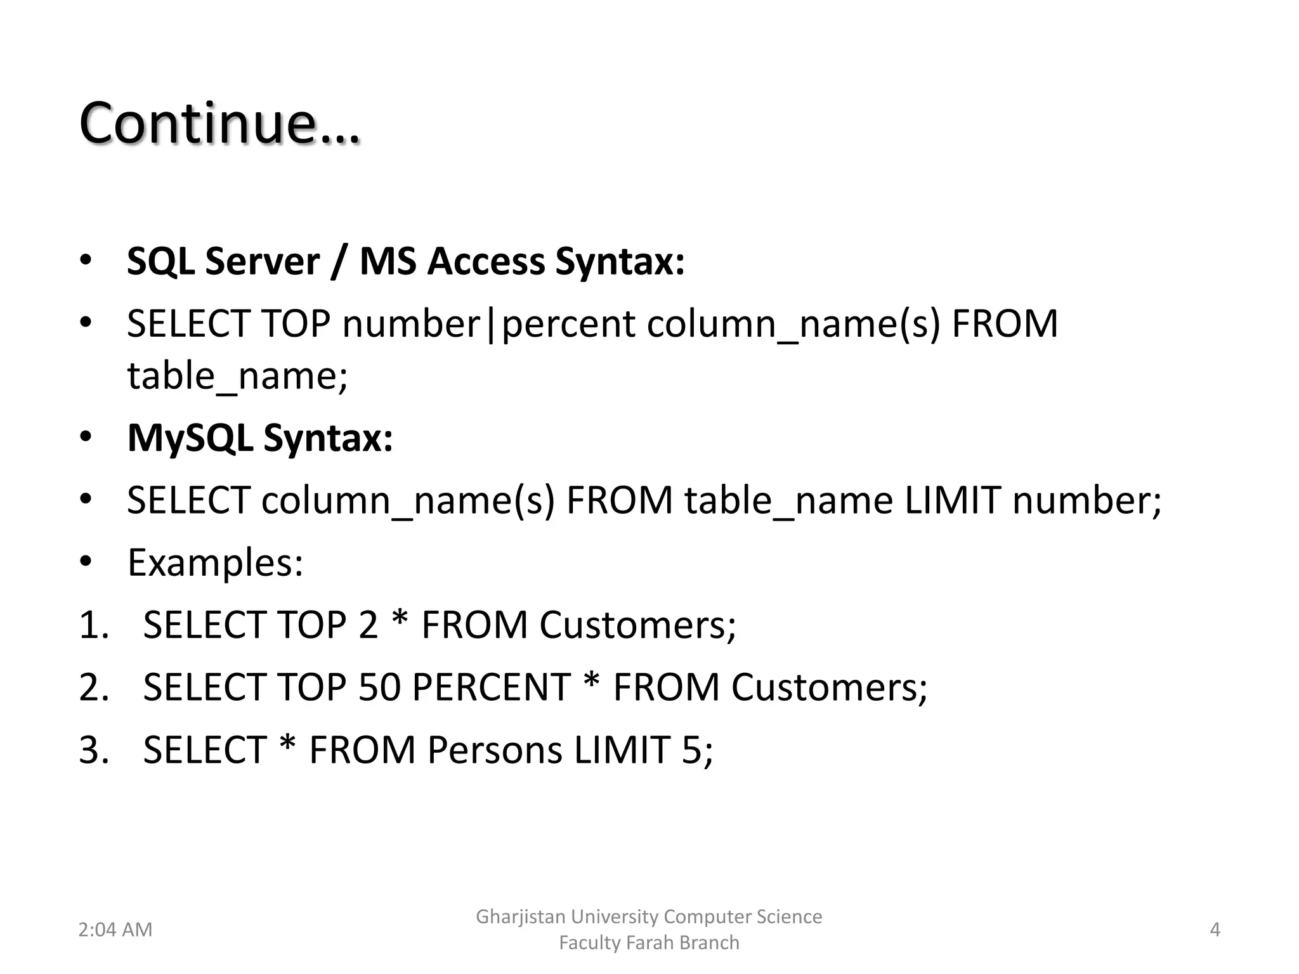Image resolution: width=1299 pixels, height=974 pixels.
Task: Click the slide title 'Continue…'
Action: pyautogui.click(x=219, y=123)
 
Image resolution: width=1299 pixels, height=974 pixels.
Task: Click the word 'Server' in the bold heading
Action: pyautogui.click(x=262, y=261)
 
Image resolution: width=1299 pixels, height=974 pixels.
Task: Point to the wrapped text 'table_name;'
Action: pyautogui.click(x=237, y=376)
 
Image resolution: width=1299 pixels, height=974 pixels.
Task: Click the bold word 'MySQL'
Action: pyautogui.click(x=190, y=438)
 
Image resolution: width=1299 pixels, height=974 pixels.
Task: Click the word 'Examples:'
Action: pyautogui.click(x=216, y=562)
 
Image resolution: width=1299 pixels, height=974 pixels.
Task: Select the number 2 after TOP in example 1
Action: pyautogui.click(x=368, y=625)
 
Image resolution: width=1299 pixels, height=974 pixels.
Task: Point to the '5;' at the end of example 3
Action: pyautogui.click(x=697, y=750)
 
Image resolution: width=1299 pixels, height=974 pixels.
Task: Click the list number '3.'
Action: pyautogui.click(x=94, y=750)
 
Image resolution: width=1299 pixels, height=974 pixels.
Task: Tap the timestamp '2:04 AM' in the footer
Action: pyautogui.click(x=115, y=930)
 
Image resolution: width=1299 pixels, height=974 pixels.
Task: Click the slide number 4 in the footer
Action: pyautogui.click(x=1215, y=930)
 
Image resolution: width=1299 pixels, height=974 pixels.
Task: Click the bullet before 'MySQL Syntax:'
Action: pyautogui.click(x=86, y=437)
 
